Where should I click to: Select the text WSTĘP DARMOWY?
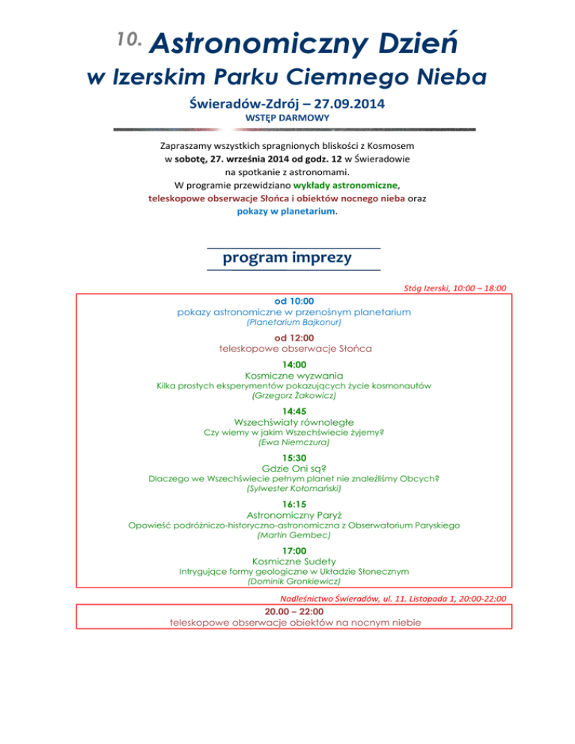coord(287,118)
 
